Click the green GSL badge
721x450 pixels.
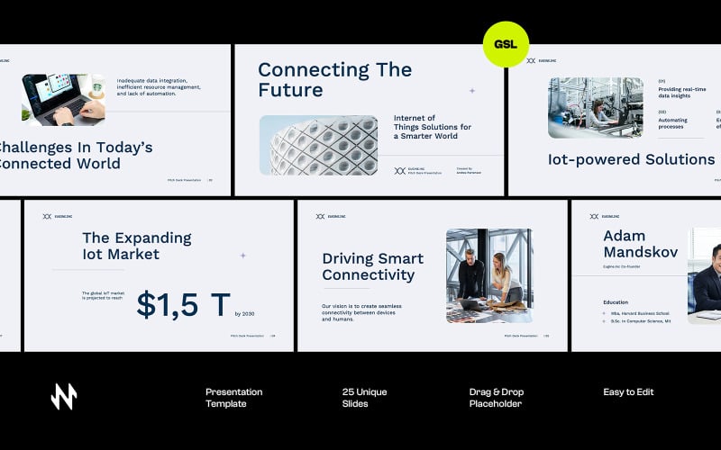(506, 44)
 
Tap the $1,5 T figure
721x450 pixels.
(184, 305)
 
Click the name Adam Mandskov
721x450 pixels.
(640, 244)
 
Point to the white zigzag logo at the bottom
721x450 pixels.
(64, 396)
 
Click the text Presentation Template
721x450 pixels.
(233, 398)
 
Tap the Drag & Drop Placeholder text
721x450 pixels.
(496, 398)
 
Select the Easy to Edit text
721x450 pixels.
(628, 392)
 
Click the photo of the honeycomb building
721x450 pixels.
(318, 145)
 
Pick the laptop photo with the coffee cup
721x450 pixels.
(63, 99)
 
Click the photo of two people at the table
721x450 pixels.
(488, 275)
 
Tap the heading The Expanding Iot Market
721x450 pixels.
(136, 246)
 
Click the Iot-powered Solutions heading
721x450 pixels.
(631, 159)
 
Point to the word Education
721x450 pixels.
(616, 302)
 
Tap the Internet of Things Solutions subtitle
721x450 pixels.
(433, 127)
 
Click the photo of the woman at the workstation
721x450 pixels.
(596, 107)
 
